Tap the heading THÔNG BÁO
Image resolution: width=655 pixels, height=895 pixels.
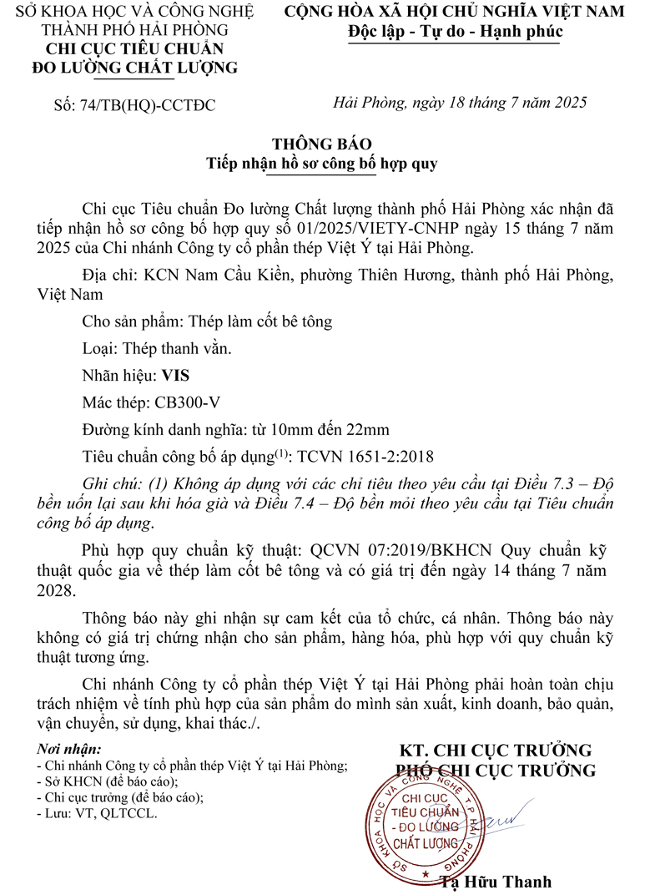[321, 144]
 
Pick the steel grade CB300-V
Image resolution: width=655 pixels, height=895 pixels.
[188, 402]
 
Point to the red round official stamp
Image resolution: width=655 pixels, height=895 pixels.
[425, 823]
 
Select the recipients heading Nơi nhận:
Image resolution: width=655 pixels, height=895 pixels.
[70, 749]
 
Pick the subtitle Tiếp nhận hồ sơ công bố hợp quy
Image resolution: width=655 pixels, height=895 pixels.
[321, 164]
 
